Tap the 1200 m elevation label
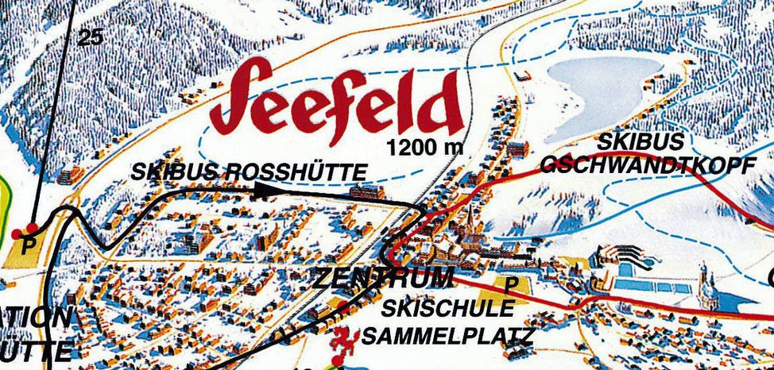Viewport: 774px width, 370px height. click(x=424, y=147)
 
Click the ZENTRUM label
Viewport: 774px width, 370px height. click(x=383, y=278)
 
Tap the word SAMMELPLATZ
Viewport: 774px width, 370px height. click(x=447, y=336)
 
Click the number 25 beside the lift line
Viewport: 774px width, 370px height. click(x=91, y=36)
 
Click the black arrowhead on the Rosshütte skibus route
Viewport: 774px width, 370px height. click(x=263, y=189)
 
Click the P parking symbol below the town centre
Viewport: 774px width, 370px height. click(x=510, y=284)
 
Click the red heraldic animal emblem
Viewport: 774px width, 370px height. click(x=343, y=338)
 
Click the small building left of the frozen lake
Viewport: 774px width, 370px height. click(x=524, y=76)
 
